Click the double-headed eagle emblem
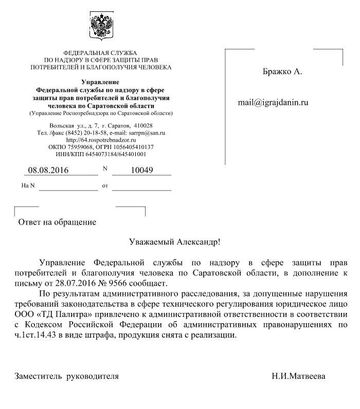pos(101,27)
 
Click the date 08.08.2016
pos(48,170)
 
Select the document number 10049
pos(142,170)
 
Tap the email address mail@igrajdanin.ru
pos(273,102)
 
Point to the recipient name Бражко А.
pos(282,72)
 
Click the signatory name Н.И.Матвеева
pos(299,376)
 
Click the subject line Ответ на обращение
pos(57,222)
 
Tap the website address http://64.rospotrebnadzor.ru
pos(101,139)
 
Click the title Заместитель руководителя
pos(66,376)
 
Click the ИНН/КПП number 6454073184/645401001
pos(114,153)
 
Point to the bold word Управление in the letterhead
pos(101,82)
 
